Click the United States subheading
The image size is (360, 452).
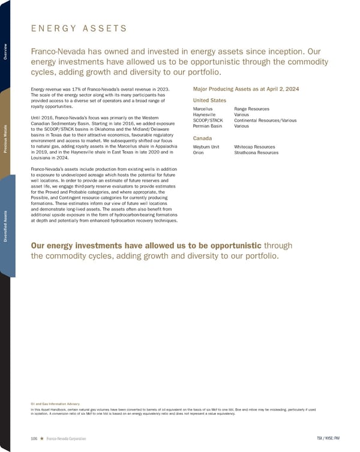pyautogui.click(x=209, y=100)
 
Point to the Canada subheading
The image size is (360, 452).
pyautogui.click(x=202, y=138)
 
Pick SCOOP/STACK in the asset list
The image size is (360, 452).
pyautogui.click(x=208, y=120)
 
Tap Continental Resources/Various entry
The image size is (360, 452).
pyautogui.click(x=265, y=120)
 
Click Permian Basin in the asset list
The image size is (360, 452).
pyautogui.click(x=207, y=126)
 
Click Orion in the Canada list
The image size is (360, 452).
pyautogui.click(x=199, y=153)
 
